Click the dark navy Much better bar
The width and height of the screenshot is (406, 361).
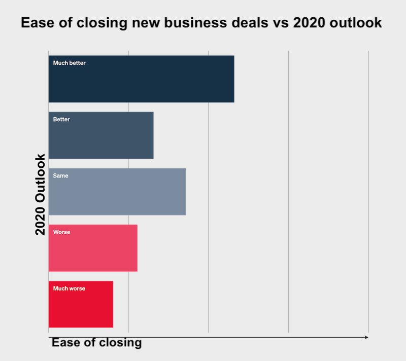point(141,79)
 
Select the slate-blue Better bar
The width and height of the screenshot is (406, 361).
point(101,135)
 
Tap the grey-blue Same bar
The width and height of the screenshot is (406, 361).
point(117,192)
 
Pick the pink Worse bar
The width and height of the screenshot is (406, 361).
point(93,248)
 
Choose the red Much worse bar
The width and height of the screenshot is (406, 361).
point(81,304)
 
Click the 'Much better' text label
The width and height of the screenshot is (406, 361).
point(70,63)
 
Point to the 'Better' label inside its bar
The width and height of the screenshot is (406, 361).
point(61,119)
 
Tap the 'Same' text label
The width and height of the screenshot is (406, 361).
point(60,175)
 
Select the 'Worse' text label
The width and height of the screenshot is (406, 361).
point(61,232)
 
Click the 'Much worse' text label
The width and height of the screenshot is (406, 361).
point(69,288)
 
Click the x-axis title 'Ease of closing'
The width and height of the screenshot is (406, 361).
point(96,343)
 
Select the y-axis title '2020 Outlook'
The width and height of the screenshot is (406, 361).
point(41,194)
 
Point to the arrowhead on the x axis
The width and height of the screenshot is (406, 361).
point(366,337)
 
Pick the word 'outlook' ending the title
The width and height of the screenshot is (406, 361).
point(355,23)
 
